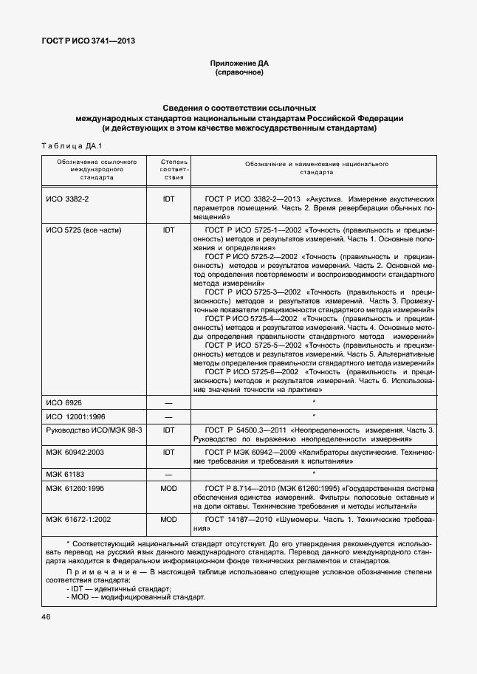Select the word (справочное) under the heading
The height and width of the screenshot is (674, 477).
pos(238,74)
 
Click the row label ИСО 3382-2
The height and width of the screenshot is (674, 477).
pos(67,199)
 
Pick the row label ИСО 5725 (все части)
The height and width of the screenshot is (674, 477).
pos(83,230)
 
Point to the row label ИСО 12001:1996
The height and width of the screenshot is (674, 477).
pos(75,416)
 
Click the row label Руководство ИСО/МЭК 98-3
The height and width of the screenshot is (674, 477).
pos(93,430)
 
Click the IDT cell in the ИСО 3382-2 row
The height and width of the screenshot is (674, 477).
pos(168,199)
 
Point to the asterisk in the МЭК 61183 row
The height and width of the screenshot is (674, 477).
pos(314,472)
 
